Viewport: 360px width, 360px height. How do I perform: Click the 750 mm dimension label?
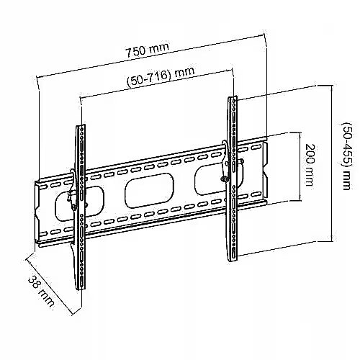click(148, 50)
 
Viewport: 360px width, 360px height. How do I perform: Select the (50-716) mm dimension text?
click(161, 76)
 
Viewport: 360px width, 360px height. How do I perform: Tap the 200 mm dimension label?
click(310, 165)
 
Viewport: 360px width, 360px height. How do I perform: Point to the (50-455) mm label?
click(346, 156)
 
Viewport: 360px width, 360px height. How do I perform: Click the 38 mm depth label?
click(41, 292)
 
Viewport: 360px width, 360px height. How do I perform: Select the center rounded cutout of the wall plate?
click(149, 191)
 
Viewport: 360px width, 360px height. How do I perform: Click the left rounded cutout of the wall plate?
click(80, 203)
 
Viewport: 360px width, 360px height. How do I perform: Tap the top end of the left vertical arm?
click(81, 125)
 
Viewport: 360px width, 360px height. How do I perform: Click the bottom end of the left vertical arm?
click(81, 289)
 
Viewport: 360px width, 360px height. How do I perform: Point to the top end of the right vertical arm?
click(233, 97)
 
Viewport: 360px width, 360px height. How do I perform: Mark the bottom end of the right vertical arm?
click(233, 260)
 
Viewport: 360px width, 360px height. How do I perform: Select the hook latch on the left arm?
click(72, 189)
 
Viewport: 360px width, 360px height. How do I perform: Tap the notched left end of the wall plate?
click(37, 212)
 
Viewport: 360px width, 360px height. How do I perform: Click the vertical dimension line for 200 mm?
click(300, 166)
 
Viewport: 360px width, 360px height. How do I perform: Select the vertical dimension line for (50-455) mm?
click(331, 163)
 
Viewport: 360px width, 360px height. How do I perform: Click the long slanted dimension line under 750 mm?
click(150, 56)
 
